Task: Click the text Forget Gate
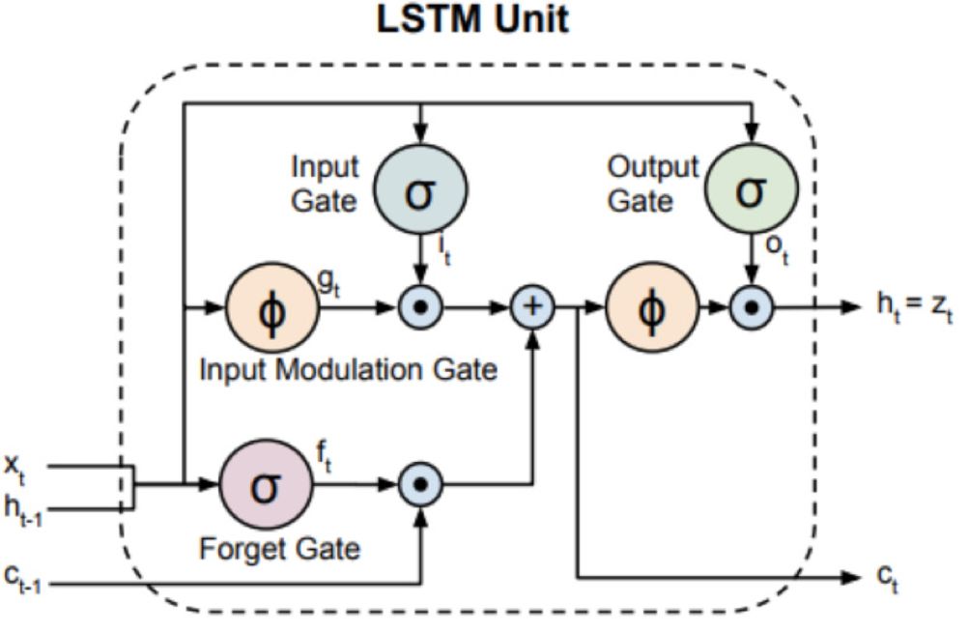279,549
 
